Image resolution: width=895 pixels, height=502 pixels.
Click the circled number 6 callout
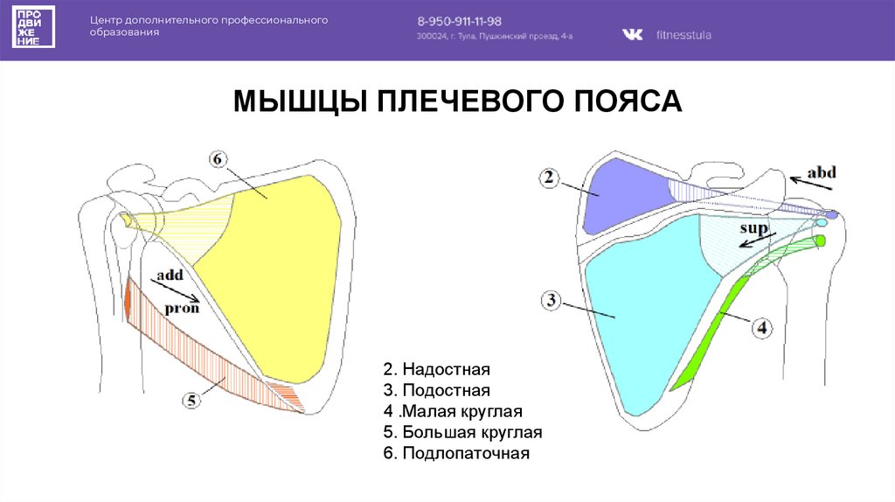[x=218, y=159]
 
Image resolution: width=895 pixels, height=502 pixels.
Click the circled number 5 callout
[x=191, y=401]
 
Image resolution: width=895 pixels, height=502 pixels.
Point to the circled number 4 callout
[x=761, y=328]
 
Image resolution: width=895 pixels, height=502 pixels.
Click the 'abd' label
[x=821, y=172]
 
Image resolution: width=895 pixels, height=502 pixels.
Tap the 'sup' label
[x=753, y=229]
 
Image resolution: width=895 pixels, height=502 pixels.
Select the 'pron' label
[x=183, y=307]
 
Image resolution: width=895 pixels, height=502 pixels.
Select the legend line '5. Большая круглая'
[x=463, y=433]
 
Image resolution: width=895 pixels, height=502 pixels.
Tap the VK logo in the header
[x=631, y=35]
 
